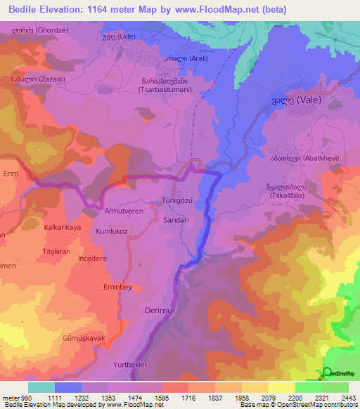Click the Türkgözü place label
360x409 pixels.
pos(177,200)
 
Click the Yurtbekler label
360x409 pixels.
pos(133,365)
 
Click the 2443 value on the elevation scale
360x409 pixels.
pos(347,398)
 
